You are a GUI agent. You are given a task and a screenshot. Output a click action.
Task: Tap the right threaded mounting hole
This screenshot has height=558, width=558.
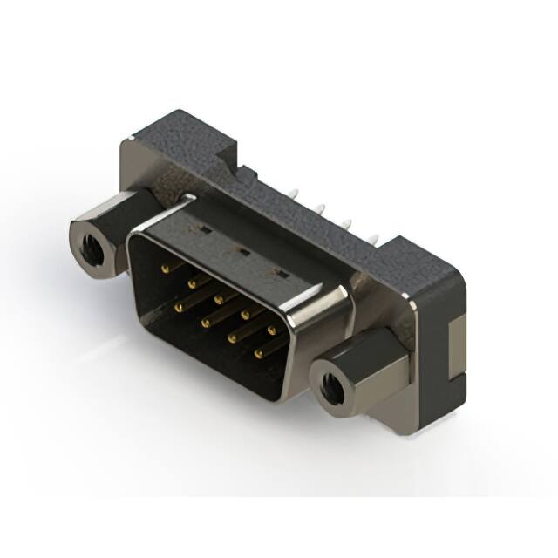pyautogui.click(x=333, y=384)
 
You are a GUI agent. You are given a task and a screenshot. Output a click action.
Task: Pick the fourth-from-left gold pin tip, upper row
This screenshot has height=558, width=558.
pyautogui.click(x=245, y=313)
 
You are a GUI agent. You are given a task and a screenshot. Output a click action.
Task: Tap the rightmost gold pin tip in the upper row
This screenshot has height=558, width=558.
pyautogui.click(x=271, y=329)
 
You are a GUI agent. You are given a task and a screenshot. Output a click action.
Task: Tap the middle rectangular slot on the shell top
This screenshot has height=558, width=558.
pyautogui.click(x=243, y=252)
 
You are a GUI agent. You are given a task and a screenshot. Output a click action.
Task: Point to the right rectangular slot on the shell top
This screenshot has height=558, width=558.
pyautogui.click(x=281, y=274)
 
